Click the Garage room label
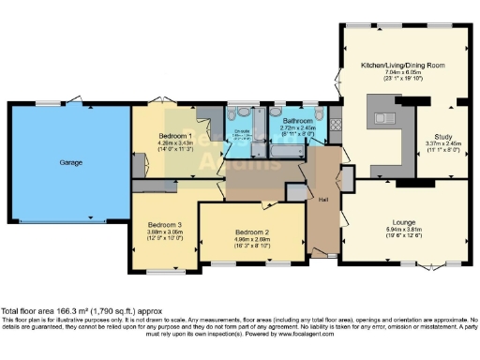coord(70,162)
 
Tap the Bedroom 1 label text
coord(163,136)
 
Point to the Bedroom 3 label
coord(163,225)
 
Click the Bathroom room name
coord(295,120)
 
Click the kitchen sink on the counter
coord(383,117)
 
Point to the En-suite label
coord(241,131)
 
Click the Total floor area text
coord(69,310)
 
